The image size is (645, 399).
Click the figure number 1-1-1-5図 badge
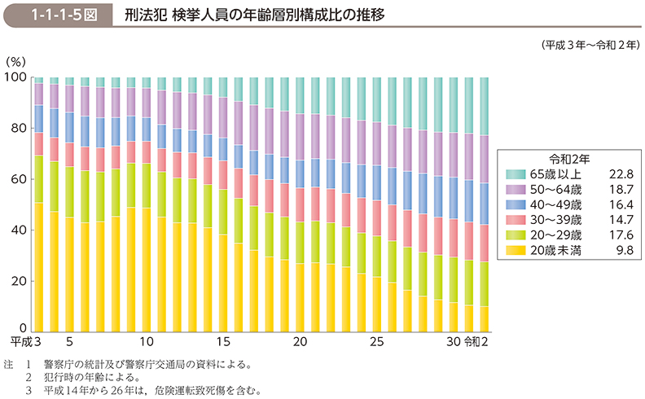point(55,15)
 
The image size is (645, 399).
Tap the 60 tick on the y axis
point(18,179)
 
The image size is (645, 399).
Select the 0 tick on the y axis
point(23,331)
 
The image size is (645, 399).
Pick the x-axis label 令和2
point(477,342)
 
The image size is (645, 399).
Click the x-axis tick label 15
point(222,342)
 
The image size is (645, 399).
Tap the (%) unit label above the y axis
point(15,61)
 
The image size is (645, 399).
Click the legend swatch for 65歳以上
point(516,174)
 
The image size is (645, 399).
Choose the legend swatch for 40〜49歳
point(516,205)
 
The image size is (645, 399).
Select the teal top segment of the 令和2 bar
point(484,106)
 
